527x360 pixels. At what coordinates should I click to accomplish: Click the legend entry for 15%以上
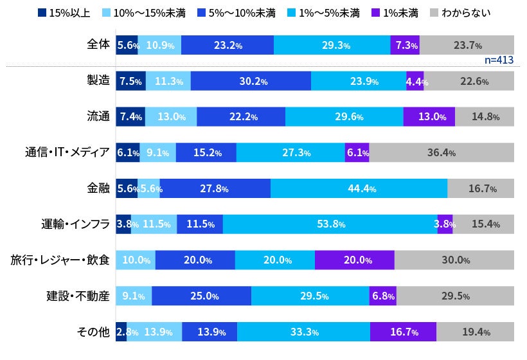pos(66,12)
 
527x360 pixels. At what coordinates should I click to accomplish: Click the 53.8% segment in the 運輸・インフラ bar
pos(330,224)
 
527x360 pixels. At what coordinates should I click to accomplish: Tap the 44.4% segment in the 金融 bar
pos(359,188)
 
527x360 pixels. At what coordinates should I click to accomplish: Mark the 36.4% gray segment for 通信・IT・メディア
pos(442,153)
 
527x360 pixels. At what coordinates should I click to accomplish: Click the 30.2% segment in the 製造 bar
pos(251,81)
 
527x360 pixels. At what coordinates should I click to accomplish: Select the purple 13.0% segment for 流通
pos(429,117)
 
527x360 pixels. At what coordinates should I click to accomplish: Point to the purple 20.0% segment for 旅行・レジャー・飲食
pos(354,260)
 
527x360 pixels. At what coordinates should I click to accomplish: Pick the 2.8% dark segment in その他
pos(121,332)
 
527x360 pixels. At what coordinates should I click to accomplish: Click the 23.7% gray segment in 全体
pos(467,45)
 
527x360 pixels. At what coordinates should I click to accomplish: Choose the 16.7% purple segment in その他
pos(403,332)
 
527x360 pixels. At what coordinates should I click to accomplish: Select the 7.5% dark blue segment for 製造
pos(130,81)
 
